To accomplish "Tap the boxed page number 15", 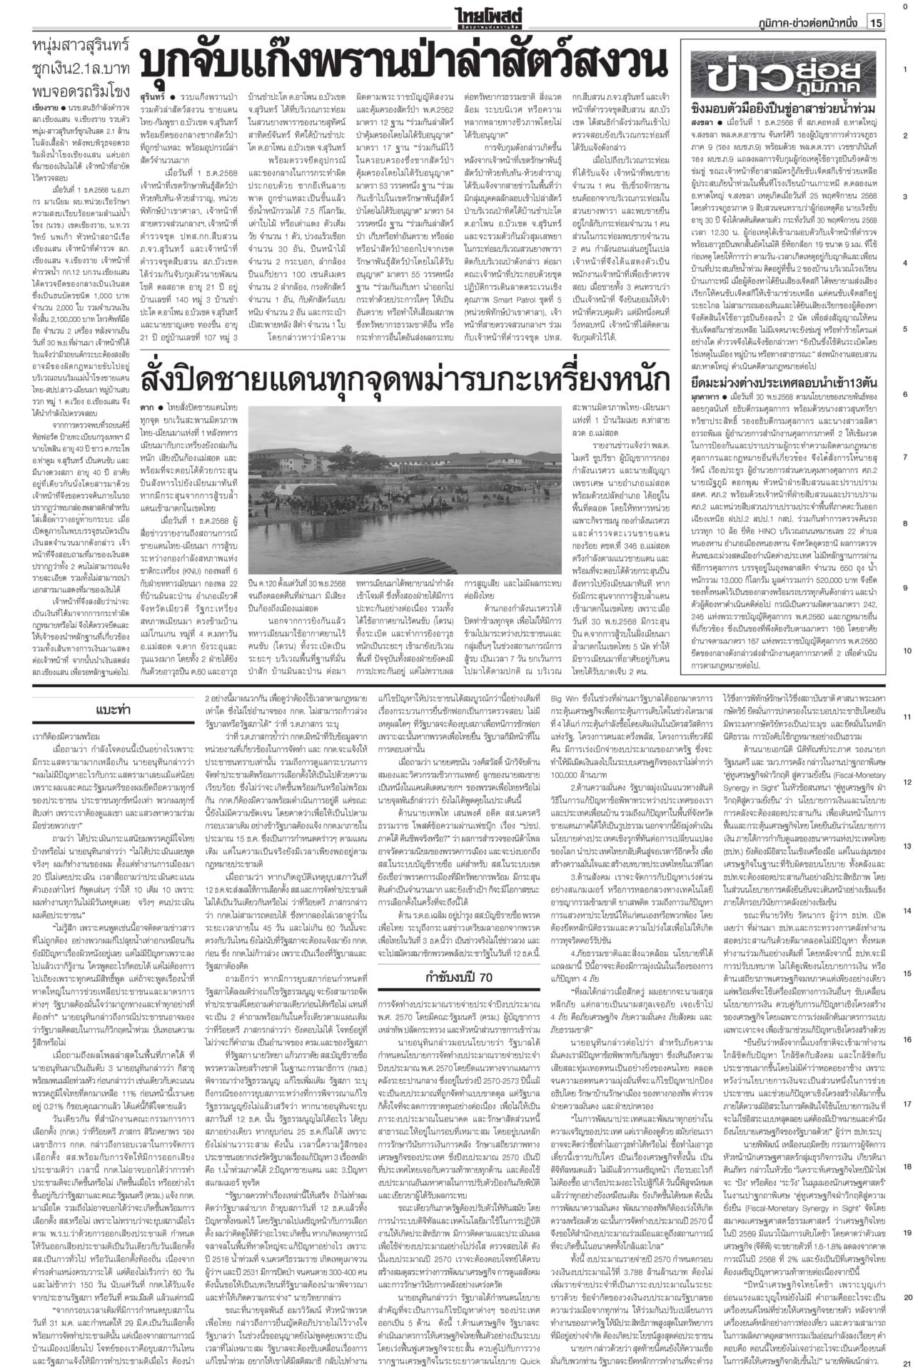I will pos(876,22).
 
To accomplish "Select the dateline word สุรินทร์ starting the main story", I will pos(152,95).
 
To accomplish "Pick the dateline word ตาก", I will pos(147,407).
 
